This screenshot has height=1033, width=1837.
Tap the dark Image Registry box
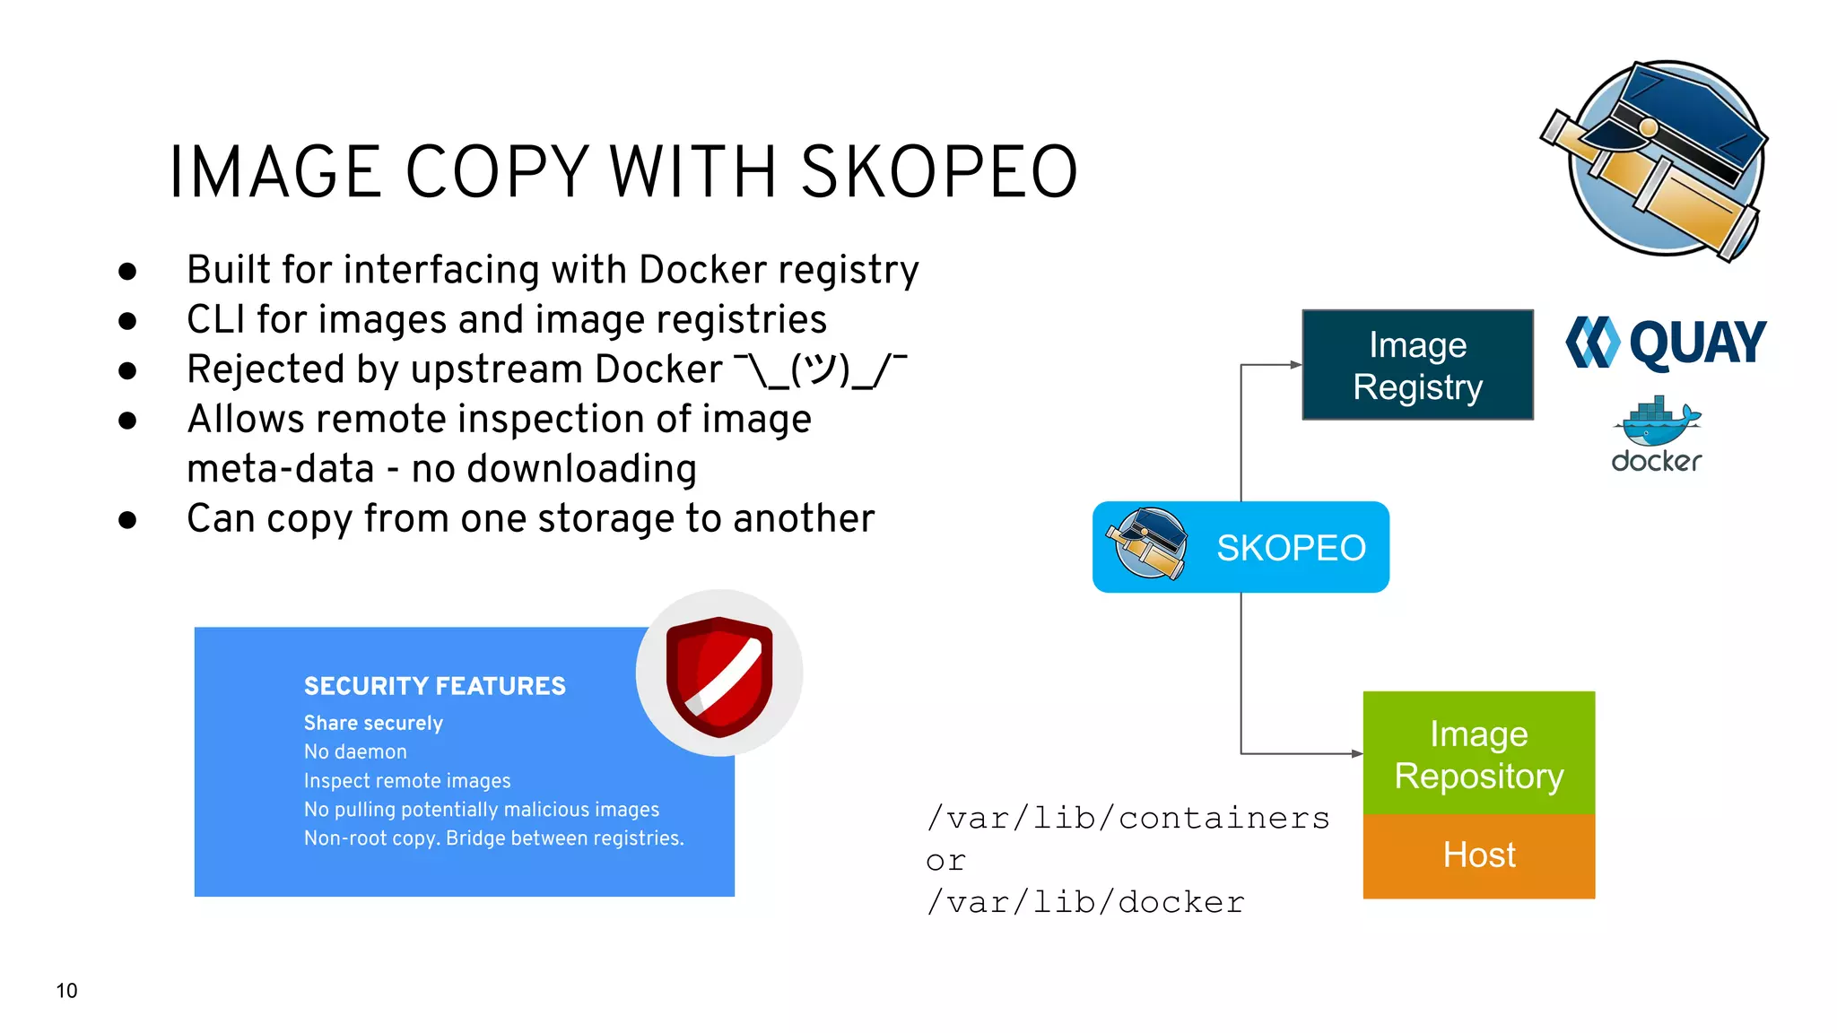coord(1417,365)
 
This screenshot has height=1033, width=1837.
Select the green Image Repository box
coord(1478,753)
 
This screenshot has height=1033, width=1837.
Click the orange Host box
coord(1478,855)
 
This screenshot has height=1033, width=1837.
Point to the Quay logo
coord(1666,343)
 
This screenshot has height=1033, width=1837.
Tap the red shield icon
coord(718,674)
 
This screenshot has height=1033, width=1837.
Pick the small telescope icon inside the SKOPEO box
coord(1146,544)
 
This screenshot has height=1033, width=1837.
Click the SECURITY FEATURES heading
coord(434,686)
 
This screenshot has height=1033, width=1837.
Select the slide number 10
coord(66,991)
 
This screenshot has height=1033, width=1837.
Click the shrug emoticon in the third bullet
coord(820,369)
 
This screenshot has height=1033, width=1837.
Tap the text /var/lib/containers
coord(1127,818)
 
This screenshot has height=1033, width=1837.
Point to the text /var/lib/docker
coord(1085,902)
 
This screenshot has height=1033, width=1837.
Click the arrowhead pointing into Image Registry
coord(1295,365)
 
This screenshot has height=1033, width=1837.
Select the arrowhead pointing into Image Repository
coord(1356,753)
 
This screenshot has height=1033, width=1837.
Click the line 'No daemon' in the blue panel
coord(355,751)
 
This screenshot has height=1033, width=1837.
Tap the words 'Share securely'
coord(373,723)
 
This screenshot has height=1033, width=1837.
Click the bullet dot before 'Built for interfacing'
coord(127,271)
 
